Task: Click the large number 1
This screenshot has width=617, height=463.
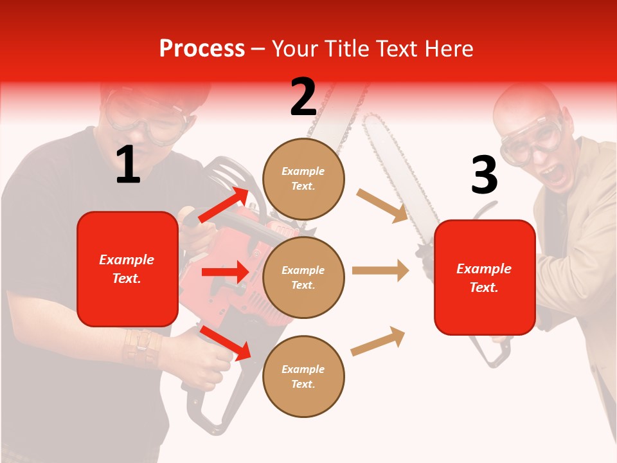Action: (x=128, y=165)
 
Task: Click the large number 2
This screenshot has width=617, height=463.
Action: (x=303, y=97)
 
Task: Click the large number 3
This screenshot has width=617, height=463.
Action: (x=484, y=175)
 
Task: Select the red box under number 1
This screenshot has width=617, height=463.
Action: (x=127, y=269)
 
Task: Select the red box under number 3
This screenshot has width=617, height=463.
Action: (x=485, y=277)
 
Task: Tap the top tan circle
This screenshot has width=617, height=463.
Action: (x=303, y=179)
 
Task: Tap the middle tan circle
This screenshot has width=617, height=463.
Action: (x=303, y=277)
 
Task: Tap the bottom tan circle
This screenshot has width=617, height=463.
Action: (x=303, y=376)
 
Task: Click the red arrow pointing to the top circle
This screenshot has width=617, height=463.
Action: (x=224, y=205)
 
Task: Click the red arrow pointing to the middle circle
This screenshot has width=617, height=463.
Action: (x=225, y=272)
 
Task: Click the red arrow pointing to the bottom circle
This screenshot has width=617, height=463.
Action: (x=225, y=342)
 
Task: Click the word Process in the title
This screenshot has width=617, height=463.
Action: (x=202, y=48)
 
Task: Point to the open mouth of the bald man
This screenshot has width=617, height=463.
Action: (x=551, y=174)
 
